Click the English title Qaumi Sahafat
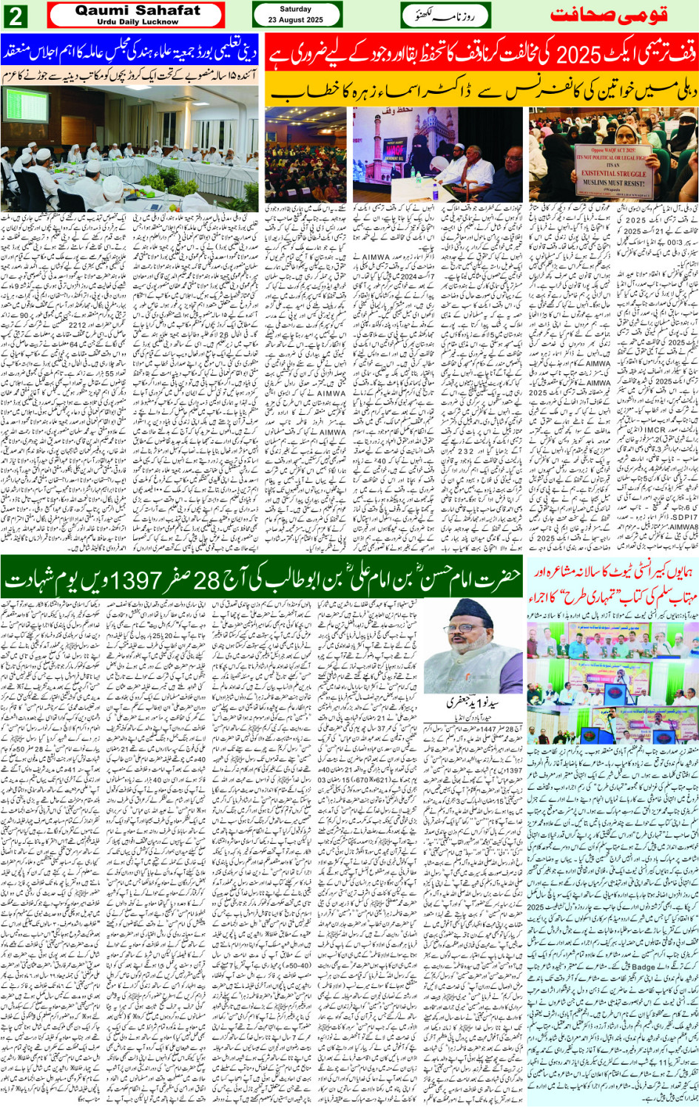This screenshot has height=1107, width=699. [138, 10]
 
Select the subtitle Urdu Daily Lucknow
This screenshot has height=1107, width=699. [138, 21]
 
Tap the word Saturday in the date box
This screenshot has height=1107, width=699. [296, 10]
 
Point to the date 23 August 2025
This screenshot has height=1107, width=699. [296, 20]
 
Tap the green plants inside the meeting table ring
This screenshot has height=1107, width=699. [159, 180]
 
